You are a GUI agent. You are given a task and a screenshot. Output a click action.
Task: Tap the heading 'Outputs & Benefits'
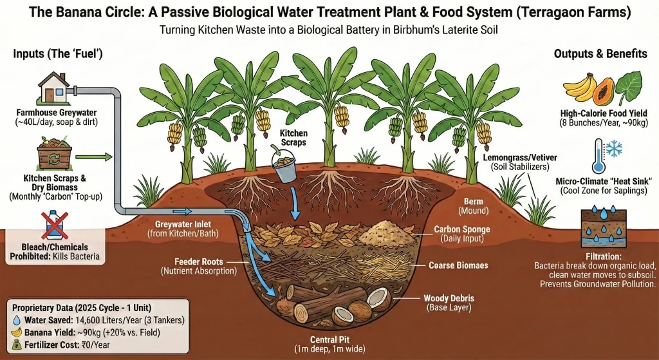pos(600,54)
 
